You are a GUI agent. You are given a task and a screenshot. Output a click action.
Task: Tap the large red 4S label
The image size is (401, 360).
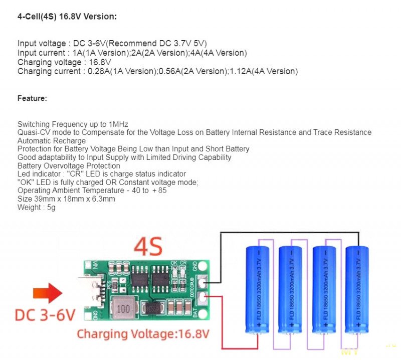click(149, 247)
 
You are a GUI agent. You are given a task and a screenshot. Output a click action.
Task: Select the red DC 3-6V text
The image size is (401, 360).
click(45, 315)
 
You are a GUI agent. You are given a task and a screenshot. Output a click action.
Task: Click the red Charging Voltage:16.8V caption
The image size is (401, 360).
click(143, 333)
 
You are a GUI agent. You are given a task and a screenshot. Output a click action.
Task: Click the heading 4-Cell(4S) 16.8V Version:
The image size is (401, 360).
click(67, 17)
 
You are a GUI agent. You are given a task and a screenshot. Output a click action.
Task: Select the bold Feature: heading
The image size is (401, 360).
click(32, 98)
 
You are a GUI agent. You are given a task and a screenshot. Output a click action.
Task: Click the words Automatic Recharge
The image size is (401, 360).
click(52, 141)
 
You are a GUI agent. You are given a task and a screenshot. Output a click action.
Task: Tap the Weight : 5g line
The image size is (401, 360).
click(37, 207)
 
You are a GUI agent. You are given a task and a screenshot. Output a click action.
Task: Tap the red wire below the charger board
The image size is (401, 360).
click(236, 348)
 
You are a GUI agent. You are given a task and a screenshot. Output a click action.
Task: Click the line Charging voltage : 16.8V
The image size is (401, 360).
click(64, 62)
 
